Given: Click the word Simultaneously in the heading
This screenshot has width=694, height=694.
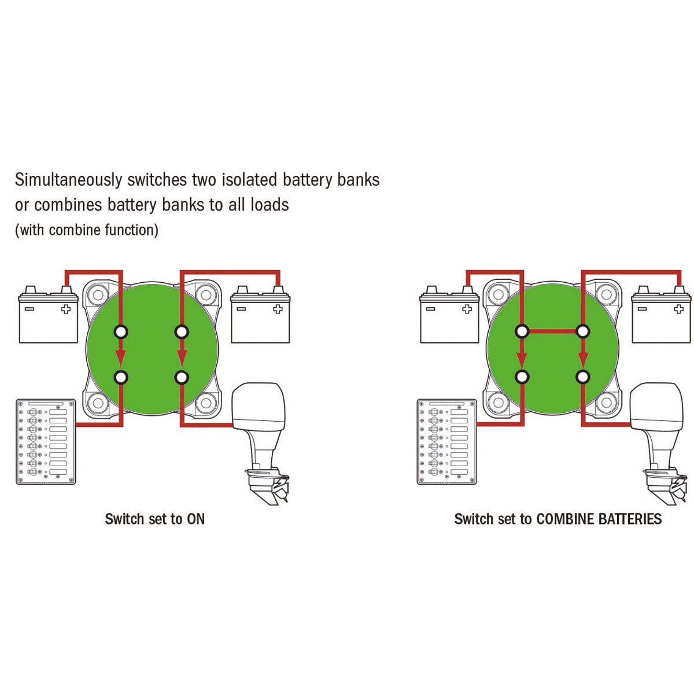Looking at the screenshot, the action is (68, 180).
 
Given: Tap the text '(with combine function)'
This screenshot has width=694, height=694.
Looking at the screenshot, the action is (86, 230).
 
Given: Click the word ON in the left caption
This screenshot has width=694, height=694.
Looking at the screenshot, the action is (195, 519).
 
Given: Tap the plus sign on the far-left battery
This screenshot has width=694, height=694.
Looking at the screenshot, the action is (65, 309).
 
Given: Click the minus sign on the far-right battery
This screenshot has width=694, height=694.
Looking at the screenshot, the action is (642, 309).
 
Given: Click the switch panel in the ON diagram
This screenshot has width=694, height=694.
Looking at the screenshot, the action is (46, 441).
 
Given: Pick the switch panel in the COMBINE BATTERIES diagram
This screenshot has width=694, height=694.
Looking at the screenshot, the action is (447, 441).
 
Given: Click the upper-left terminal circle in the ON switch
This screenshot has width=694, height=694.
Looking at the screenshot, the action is (121, 331).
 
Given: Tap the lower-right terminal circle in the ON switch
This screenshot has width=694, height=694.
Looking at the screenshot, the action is (181, 377).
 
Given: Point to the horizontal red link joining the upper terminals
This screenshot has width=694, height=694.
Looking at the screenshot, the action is (552, 331).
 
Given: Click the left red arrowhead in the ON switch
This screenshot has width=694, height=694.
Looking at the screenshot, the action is (121, 357).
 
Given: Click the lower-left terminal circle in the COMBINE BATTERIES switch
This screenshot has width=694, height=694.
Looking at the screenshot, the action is (522, 377).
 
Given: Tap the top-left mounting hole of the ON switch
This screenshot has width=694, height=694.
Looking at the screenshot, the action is (98, 295).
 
